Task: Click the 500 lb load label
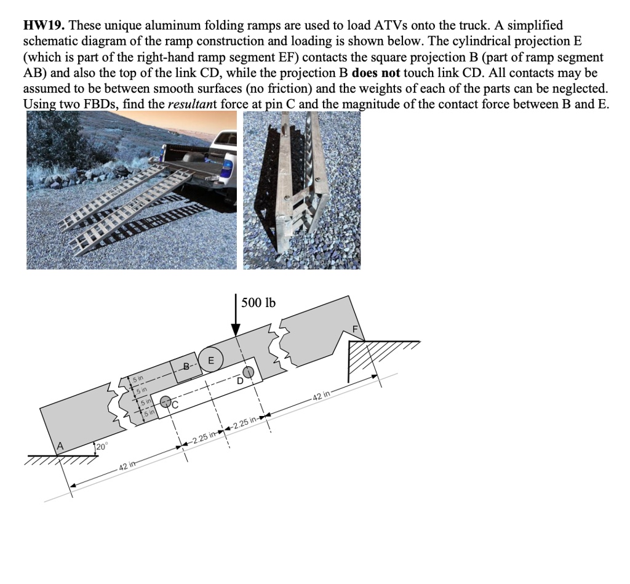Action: pos(258,303)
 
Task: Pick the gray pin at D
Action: pos(247,372)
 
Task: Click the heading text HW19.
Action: pos(46,26)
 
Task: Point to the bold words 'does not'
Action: pos(376,73)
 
